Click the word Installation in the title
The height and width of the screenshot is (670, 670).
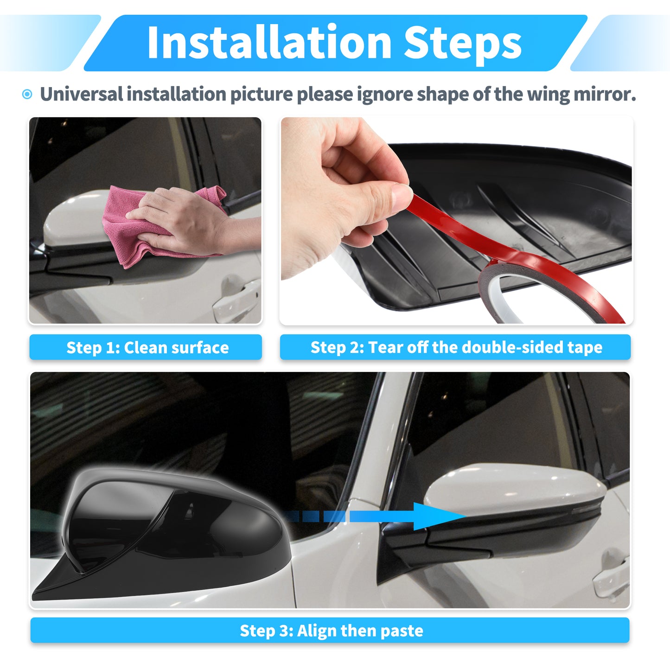pyautogui.click(x=269, y=43)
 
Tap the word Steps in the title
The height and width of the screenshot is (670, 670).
pyautogui.click(x=462, y=45)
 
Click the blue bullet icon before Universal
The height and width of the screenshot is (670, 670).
pyautogui.click(x=27, y=94)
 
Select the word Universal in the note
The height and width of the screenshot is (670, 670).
pyautogui.click(x=81, y=94)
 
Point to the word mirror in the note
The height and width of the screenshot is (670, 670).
pyautogui.click(x=605, y=94)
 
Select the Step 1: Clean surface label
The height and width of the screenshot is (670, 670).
pyautogui.click(x=146, y=347)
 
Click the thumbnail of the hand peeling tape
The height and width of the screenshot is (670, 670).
pyautogui.click(x=457, y=221)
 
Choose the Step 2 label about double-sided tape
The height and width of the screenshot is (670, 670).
pyautogui.click(x=455, y=347)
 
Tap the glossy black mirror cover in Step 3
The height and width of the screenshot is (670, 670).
pyautogui.click(x=163, y=532)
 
